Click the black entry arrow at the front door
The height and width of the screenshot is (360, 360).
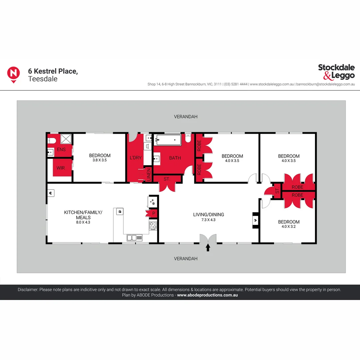(x=208, y=248)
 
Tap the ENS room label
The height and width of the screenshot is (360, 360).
(x=61, y=150)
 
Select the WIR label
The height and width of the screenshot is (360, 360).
(x=61, y=168)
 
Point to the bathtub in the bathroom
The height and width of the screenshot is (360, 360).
(x=169, y=140)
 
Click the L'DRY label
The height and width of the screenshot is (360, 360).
(x=136, y=158)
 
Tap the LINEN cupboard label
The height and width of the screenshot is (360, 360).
(x=149, y=175)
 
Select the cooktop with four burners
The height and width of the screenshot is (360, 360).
(x=153, y=226)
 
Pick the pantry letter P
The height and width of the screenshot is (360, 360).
(x=153, y=213)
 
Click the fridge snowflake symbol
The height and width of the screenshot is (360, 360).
(x=153, y=202)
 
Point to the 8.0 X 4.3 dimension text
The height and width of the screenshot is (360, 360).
(x=83, y=222)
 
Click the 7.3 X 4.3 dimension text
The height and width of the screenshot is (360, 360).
(x=209, y=219)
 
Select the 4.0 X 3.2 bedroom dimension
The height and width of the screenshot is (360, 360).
(x=289, y=227)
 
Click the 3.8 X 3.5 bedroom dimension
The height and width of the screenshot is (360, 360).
(x=100, y=160)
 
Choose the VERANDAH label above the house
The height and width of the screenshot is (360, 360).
(x=186, y=117)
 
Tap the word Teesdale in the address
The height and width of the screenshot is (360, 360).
(x=43, y=79)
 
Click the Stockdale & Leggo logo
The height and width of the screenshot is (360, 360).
(x=336, y=72)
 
